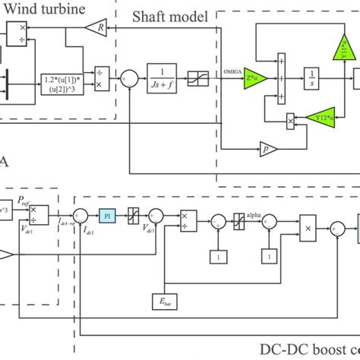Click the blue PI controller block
(x=108, y=215)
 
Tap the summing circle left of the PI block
(x=84, y=215)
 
